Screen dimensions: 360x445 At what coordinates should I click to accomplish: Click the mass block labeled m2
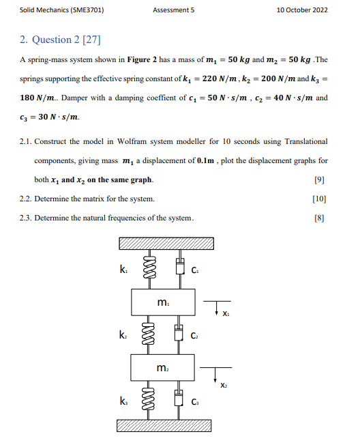163,369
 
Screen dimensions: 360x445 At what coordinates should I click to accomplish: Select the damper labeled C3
180,401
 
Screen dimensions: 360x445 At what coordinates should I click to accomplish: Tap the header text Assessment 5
174,10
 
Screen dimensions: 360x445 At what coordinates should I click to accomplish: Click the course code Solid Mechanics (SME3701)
57,10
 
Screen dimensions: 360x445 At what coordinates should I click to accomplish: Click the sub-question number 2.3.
26,218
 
